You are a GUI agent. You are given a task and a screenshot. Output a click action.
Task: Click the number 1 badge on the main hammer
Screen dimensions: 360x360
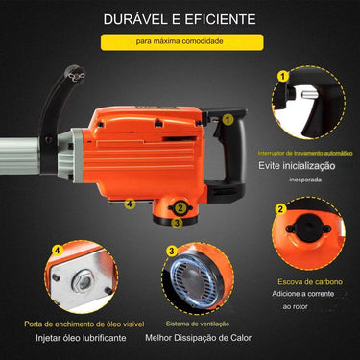pos(228,120)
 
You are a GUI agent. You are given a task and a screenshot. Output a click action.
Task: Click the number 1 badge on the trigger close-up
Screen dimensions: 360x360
pos(281,75)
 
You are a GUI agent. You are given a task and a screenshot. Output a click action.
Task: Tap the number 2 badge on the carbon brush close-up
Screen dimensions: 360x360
pos(279,208)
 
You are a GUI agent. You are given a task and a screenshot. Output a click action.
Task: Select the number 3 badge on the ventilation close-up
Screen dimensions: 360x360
pos(172,251)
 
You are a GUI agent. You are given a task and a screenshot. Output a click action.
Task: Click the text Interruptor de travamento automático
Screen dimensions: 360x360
pos(306,152)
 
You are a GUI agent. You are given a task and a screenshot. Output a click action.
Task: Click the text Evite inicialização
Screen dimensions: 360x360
pos(308,165)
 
